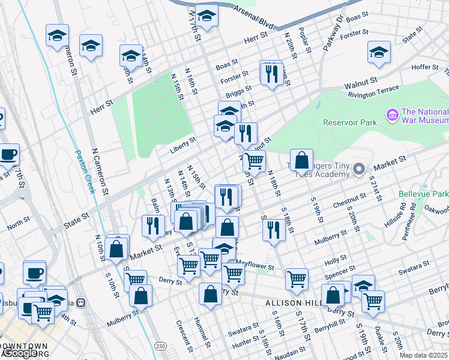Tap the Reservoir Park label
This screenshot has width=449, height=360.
tap(349, 122)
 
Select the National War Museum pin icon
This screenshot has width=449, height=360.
tap(393, 114)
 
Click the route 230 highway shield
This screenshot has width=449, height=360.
tap(161, 346)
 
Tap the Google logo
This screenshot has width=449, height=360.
tap(19, 353)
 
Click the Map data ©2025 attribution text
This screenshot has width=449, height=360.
tap(424, 355)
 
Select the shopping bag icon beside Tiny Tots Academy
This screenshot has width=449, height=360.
tap(301, 160)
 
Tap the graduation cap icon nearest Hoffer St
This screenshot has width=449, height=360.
tap(379, 52)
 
